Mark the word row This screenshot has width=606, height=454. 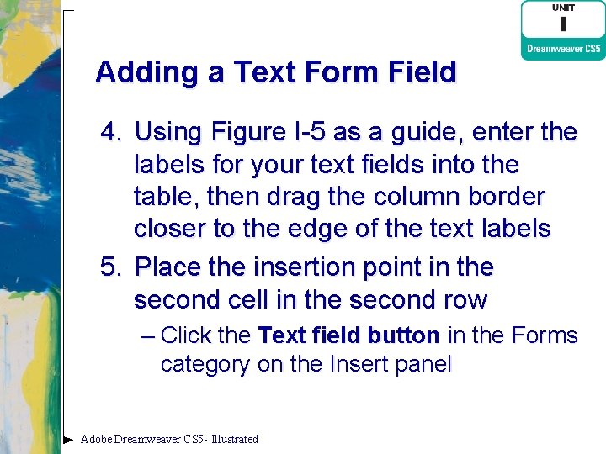(x=468, y=300)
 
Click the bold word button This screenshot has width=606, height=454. (x=403, y=336)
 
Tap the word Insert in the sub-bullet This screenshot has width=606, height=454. (x=357, y=365)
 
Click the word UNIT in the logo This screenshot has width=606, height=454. (x=563, y=8)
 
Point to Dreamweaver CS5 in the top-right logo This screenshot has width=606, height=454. (x=563, y=49)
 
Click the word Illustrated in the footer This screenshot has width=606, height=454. (x=235, y=439)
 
